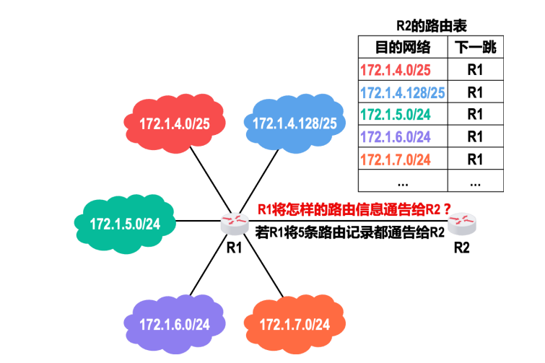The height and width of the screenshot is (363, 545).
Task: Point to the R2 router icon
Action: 461,225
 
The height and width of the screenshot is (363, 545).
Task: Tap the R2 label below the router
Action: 461,248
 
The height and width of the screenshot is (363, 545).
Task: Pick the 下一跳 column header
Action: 475,48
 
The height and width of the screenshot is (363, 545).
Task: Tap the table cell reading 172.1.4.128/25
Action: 402,92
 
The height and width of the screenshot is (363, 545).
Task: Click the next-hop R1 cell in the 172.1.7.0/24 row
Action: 475,158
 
